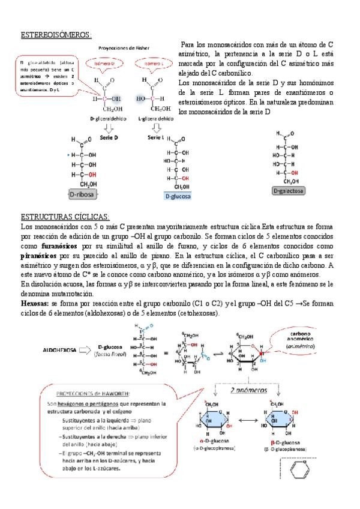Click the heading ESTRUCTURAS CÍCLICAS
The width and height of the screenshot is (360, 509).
click(x=65, y=216)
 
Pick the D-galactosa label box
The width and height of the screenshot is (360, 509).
click(x=289, y=191)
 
